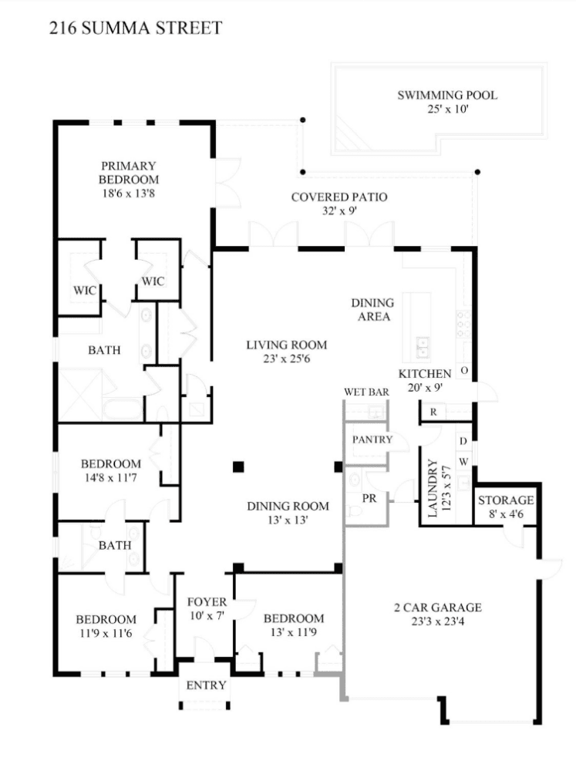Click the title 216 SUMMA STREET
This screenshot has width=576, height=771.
pos(136,29)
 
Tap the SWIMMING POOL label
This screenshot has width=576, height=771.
pos(447,96)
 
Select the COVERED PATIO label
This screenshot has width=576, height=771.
pos(339,197)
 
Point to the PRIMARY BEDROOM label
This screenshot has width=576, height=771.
pos(128,172)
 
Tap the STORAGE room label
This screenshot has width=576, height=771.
pos(506,500)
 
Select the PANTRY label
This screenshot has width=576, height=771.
pos(372,439)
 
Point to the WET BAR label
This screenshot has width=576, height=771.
pos(366,392)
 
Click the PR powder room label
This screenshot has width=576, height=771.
pos(369,498)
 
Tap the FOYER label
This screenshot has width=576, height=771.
pos(207,601)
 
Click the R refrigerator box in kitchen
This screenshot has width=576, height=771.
pos(434,412)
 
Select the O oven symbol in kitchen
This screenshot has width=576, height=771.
pos(465,371)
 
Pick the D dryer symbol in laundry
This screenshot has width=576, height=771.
pos(463,441)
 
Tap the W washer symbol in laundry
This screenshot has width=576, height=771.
pos(463,462)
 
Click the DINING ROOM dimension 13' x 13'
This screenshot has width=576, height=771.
pos(288,520)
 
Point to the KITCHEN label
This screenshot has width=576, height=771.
pos(424,374)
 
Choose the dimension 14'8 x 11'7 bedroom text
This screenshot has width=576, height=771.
pos(111,477)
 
